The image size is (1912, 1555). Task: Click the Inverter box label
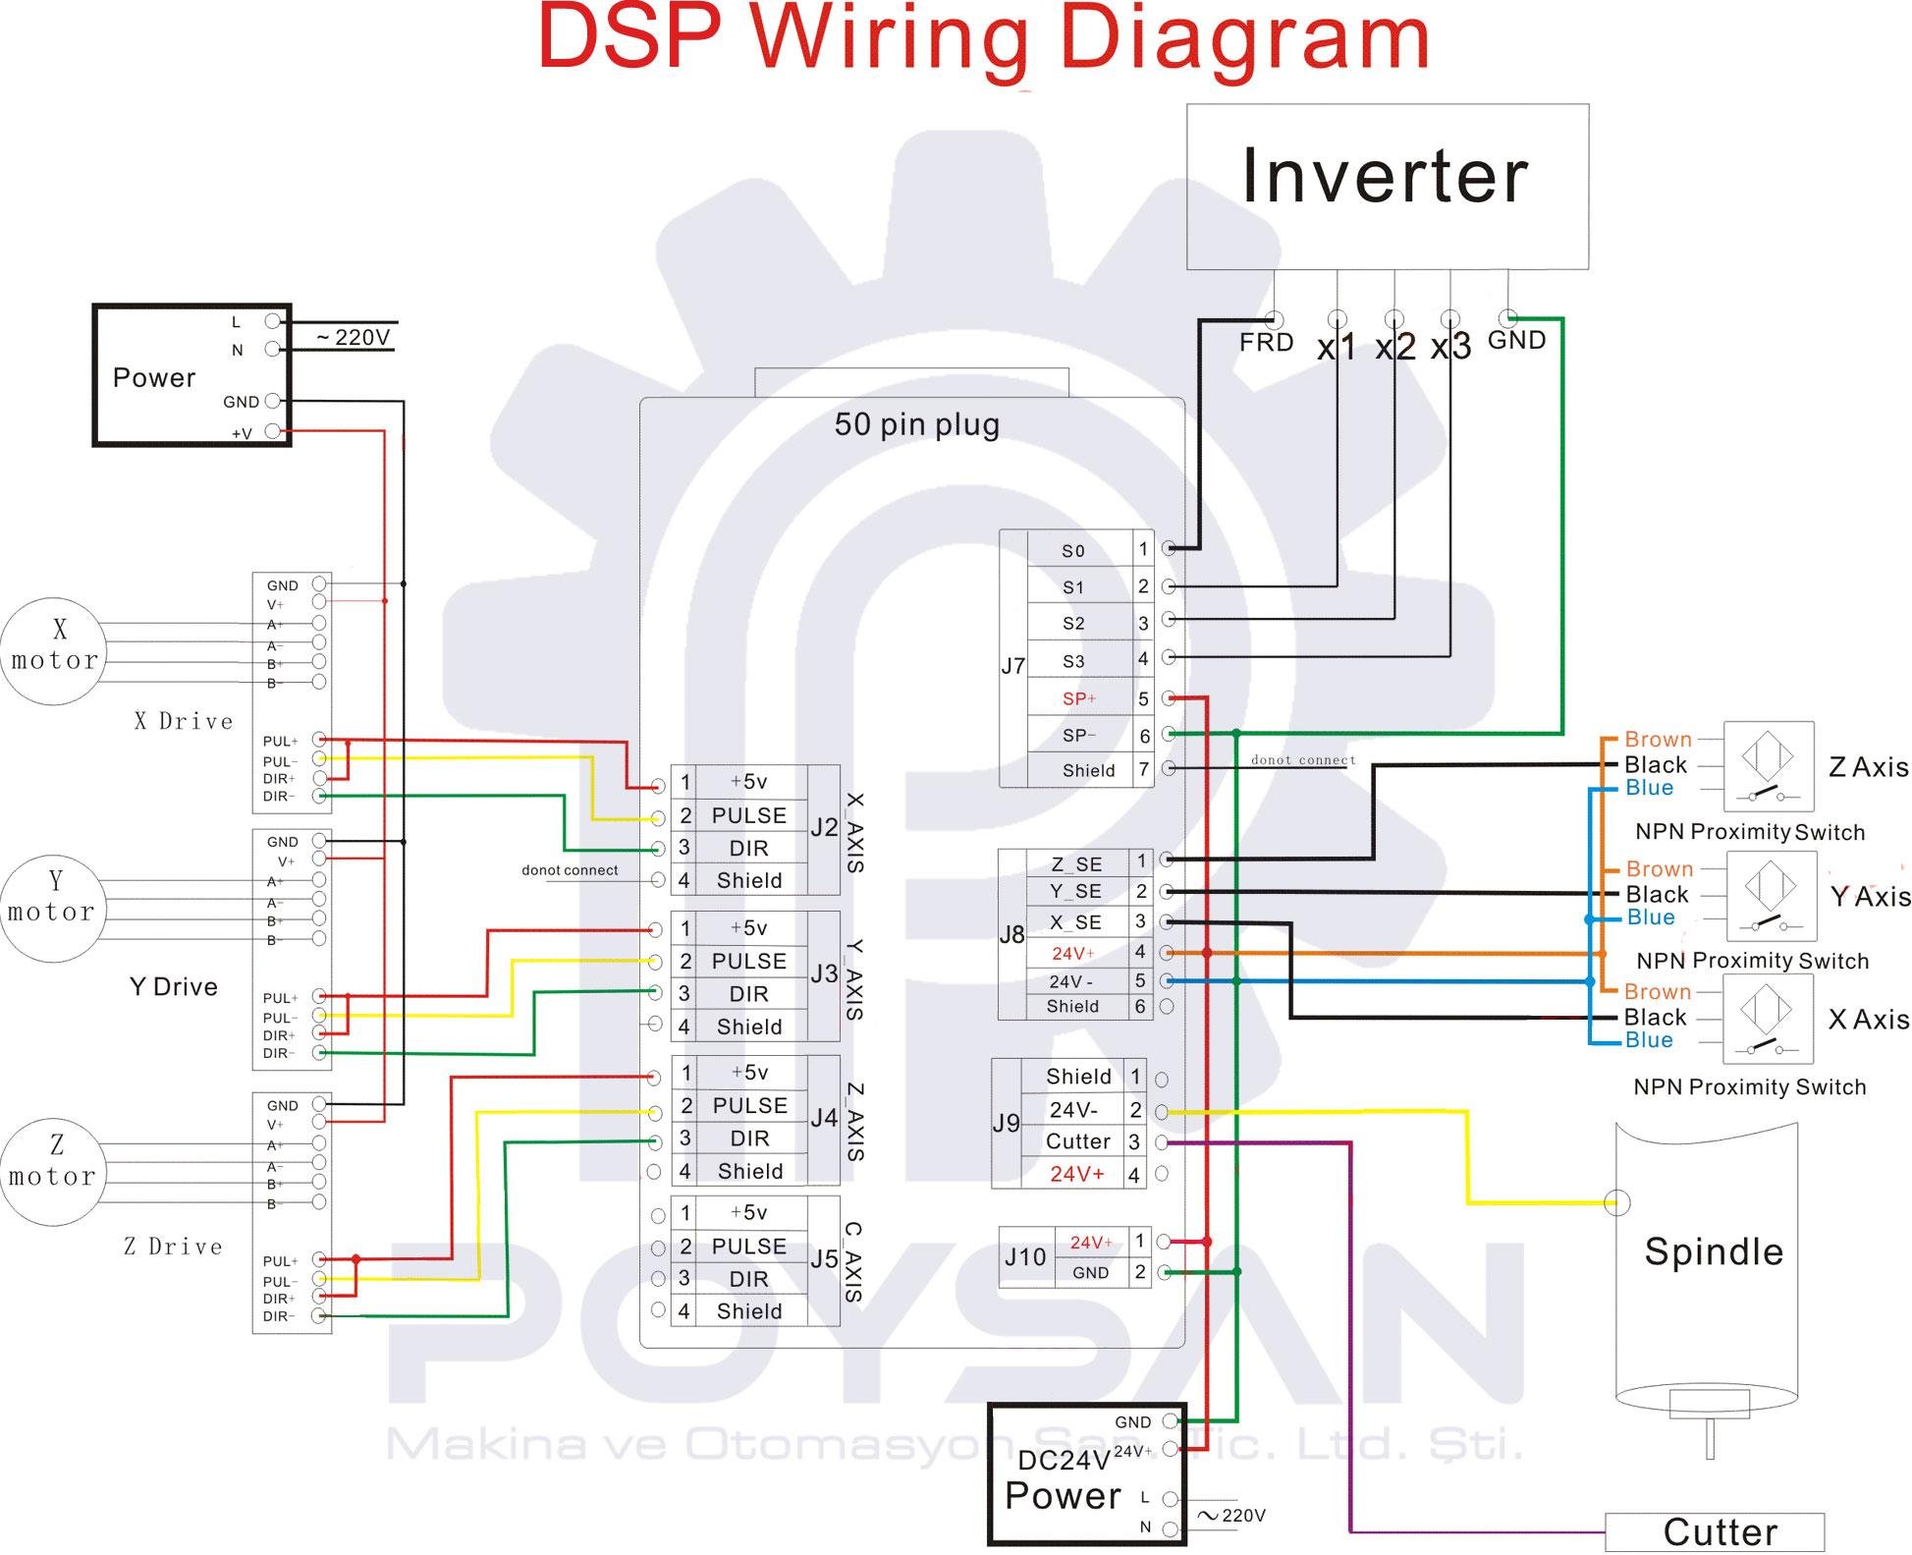(x=1385, y=177)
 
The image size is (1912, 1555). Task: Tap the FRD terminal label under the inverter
(x=1266, y=343)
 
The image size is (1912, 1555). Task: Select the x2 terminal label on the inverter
(x=1394, y=346)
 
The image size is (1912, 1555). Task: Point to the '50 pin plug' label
(x=916, y=424)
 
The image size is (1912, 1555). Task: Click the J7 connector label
(x=1012, y=666)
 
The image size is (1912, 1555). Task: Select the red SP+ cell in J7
(x=1078, y=698)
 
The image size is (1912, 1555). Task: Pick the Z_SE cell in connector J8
(x=1076, y=863)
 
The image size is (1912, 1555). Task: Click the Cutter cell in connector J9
(x=1078, y=1141)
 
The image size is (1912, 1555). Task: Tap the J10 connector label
(x=1024, y=1256)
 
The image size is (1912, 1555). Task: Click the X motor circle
(x=54, y=650)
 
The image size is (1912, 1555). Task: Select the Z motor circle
(x=52, y=1171)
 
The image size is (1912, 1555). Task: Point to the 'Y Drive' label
(x=174, y=986)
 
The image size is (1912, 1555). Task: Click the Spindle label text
(x=1713, y=1251)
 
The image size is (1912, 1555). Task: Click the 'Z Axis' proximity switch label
(x=1868, y=767)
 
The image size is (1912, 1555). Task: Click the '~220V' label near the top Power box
(x=354, y=338)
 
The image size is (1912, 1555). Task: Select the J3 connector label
(x=824, y=973)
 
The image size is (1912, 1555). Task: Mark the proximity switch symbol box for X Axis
(x=1768, y=1020)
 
